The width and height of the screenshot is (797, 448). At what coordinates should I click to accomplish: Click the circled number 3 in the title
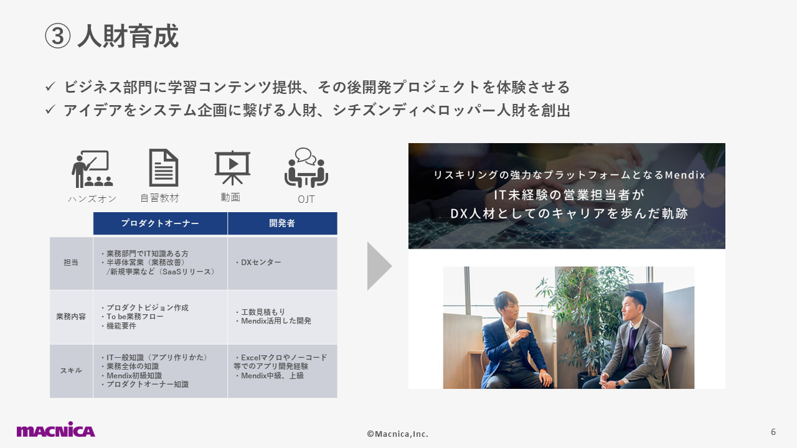(x=58, y=36)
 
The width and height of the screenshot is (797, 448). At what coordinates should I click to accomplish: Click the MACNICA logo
(x=56, y=430)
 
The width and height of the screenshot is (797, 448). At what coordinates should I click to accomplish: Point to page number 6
(x=773, y=432)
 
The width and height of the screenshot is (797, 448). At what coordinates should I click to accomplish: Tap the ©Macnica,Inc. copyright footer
(x=398, y=434)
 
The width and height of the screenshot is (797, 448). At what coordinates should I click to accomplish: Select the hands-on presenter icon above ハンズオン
(x=92, y=169)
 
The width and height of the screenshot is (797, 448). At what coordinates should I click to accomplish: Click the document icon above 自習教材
(x=163, y=168)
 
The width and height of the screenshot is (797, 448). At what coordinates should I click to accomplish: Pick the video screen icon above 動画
(x=232, y=168)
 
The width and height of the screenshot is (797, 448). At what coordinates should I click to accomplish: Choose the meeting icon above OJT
(x=306, y=167)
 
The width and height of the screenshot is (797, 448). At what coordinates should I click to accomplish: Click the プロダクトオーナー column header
(x=160, y=223)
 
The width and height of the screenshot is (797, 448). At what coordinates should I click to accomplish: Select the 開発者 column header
(x=282, y=223)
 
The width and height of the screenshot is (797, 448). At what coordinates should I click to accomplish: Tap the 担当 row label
(x=71, y=263)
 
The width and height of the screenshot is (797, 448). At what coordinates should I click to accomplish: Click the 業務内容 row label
(x=71, y=317)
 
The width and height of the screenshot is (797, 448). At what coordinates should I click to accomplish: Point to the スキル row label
(x=71, y=370)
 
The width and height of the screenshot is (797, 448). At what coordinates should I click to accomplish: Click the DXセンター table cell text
(x=258, y=263)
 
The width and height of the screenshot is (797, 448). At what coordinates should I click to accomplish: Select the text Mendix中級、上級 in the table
(x=270, y=376)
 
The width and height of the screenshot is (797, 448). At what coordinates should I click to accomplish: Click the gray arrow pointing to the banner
(x=379, y=266)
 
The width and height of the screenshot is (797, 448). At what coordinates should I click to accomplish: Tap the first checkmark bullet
(x=50, y=86)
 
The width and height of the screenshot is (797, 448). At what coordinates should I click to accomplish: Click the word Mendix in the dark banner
(x=685, y=175)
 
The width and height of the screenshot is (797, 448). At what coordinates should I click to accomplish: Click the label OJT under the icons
(x=306, y=199)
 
